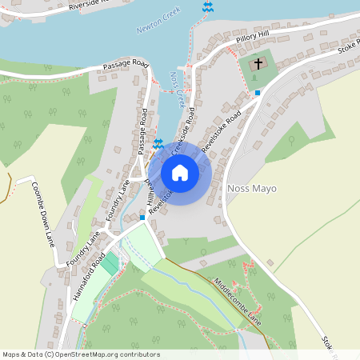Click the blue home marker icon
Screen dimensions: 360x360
click(180, 173)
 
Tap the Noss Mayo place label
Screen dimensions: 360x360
click(252, 189)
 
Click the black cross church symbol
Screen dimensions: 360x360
click(258, 63)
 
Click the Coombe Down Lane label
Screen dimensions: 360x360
click(42, 213)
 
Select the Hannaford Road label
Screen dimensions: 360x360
click(87, 276)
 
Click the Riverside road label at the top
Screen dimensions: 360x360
click(98, 4)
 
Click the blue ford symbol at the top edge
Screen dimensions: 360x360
click(208, 7)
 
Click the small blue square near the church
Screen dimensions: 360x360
click(257, 93)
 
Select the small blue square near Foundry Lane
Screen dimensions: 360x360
click(142, 217)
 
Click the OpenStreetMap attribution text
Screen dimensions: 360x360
click(80, 354)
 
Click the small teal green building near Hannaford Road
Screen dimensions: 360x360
click(109, 263)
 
